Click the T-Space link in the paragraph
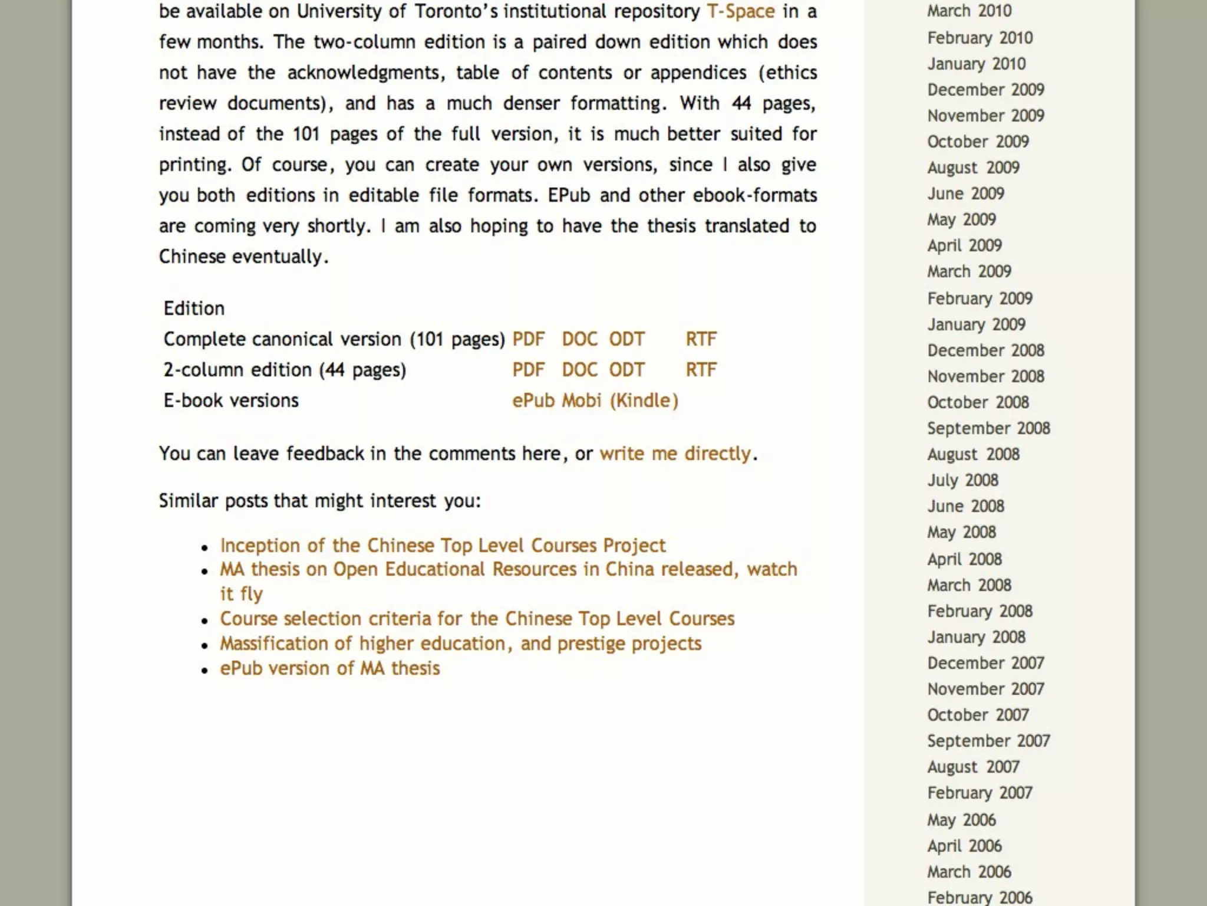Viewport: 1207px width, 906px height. click(740, 11)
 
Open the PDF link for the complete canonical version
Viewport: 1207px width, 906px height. click(528, 339)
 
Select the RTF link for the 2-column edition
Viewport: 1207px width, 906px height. click(701, 370)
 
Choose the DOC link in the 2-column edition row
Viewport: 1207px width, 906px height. click(579, 370)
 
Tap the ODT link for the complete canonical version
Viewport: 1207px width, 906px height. click(626, 339)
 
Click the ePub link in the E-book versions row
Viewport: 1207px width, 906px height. click(533, 401)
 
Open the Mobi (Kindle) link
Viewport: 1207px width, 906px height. click(620, 401)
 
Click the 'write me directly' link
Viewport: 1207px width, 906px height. click(675, 454)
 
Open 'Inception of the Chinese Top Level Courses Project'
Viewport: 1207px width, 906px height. click(443, 546)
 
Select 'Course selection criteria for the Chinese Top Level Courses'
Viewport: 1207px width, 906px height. click(477, 619)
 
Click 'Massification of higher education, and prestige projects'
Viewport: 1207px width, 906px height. click(460, 644)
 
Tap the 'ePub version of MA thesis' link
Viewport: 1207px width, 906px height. click(329, 668)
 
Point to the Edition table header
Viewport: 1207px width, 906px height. click(194, 308)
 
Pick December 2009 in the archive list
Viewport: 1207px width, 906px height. click(985, 90)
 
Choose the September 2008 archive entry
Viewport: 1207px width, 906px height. click(988, 428)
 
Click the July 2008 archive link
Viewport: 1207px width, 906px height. click(962, 480)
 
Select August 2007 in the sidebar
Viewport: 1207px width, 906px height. click(973, 767)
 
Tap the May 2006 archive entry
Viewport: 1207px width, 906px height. click(961, 820)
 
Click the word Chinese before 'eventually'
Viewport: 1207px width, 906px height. click(192, 257)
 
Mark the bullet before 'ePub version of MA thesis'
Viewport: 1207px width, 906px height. click(205, 670)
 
